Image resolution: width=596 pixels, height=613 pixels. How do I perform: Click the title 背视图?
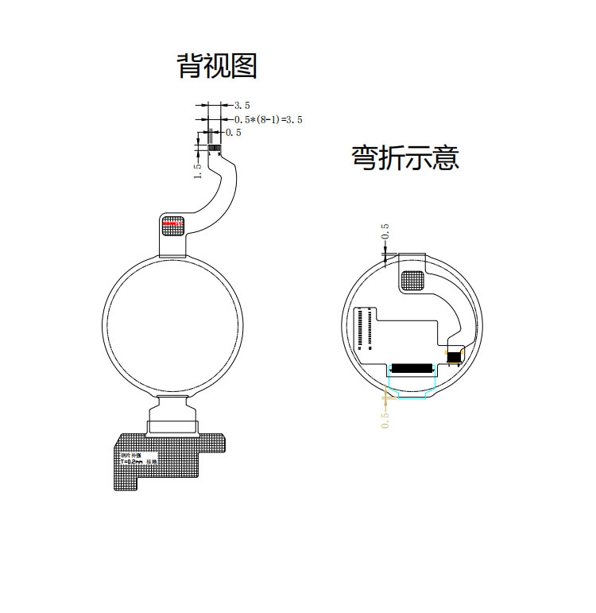pos(217,65)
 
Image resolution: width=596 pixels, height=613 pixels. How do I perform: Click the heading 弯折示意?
pos(405,157)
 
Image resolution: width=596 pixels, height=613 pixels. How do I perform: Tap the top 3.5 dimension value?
pos(242,104)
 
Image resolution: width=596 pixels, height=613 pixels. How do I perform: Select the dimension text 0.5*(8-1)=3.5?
pos(268,118)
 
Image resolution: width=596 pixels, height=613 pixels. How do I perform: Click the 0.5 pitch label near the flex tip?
pos(234,132)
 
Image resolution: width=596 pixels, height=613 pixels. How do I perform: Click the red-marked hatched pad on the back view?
pos(172,224)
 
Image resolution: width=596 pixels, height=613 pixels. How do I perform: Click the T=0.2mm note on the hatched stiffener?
pos(131,460)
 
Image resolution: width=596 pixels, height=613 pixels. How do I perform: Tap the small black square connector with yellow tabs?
pos(455,355)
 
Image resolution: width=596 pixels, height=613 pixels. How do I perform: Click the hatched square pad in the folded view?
pos(412,280)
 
